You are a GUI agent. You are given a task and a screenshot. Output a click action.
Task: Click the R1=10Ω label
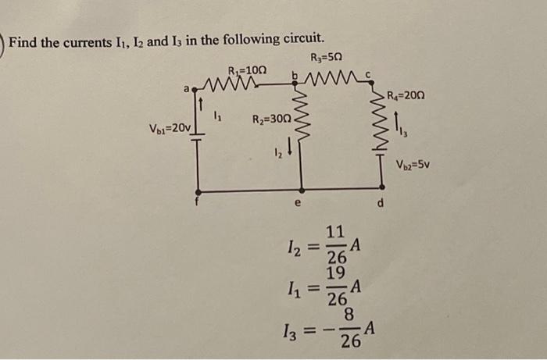coord(248,70)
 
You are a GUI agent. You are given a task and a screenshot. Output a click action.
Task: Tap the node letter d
coord(381,205)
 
